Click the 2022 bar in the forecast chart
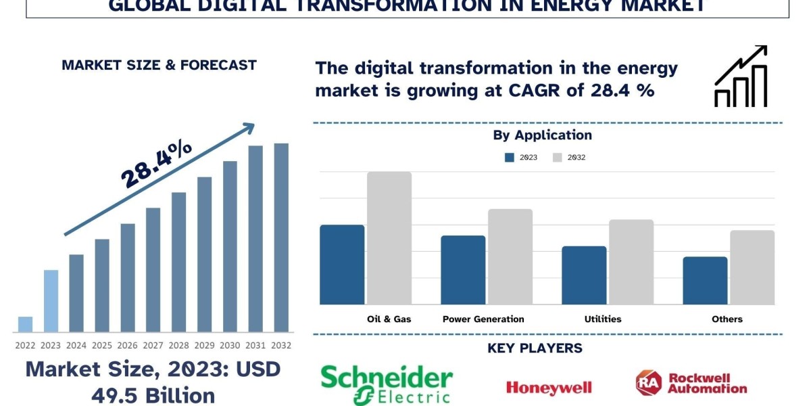(x=25, y=324)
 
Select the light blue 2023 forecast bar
(x=51, y=301)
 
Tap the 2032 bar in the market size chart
(x=281, y=238)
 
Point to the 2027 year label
(x=153, y=345)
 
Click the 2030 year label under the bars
(x=230, y=345)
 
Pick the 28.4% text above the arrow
(x=157, y=165)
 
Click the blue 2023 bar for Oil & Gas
(x=342, y=265)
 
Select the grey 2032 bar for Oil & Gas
(x=389, y=238)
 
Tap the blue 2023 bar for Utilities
(x=584, y=275)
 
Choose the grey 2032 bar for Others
(x=752, y=267)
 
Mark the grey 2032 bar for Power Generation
(x=510, y=256)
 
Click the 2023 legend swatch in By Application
(x=510, y=158)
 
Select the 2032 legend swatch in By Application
(x=558, y=158)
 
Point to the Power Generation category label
(x=483, y=319)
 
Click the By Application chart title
(x=542, y=135)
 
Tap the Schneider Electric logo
(x=387, y=384)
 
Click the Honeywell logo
(x=549, y=388)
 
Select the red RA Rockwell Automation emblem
(x=647, y=383)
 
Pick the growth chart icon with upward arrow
(x=741, y=76)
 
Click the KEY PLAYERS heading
(x=535, y=348)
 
